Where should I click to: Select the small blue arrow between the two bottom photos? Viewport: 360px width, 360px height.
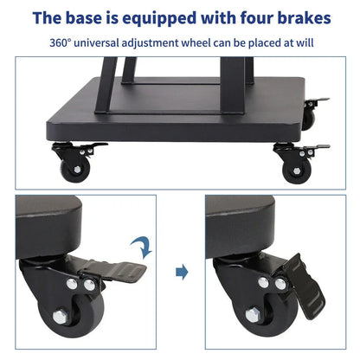pos(181,273)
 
